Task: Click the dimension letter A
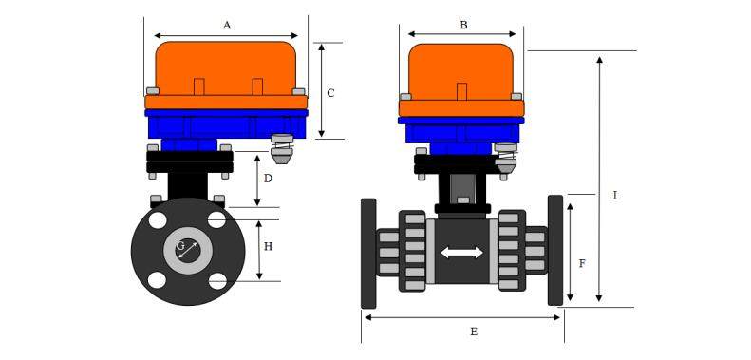pyautogui.click(x=227, y=26)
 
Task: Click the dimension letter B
pyautogui.click(x=463, y=25)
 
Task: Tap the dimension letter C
pyautogui.click(x=330, y=93)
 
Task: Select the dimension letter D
pyautogui.click(x=268, y=179)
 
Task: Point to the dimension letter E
pyautogui.click(x=474, y=332)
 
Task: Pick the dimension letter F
pyautogui.click(x=582, y=263)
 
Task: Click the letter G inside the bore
pyautogui.click(x=180, y=246)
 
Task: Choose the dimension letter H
pyautogui.click(x=268, y=246)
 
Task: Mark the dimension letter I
pyautogui.click(x=615, y=196)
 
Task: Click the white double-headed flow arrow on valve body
pyautogui.click(x=461, y=252)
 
